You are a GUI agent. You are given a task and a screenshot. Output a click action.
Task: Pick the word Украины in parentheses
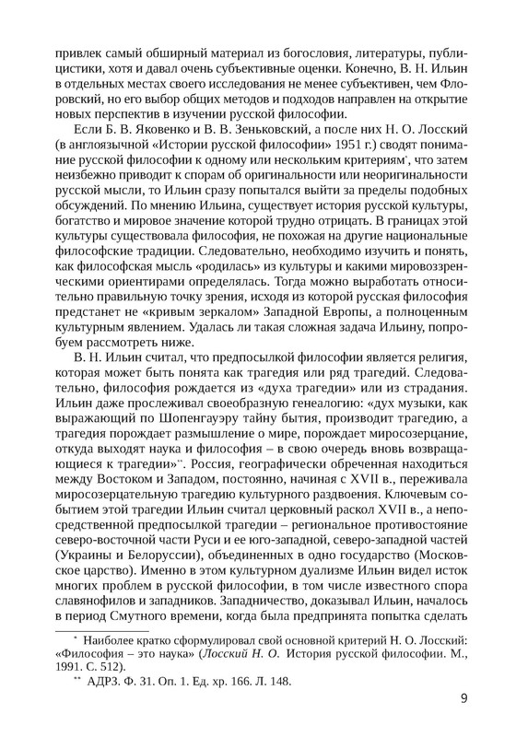(x=86, y=560)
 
